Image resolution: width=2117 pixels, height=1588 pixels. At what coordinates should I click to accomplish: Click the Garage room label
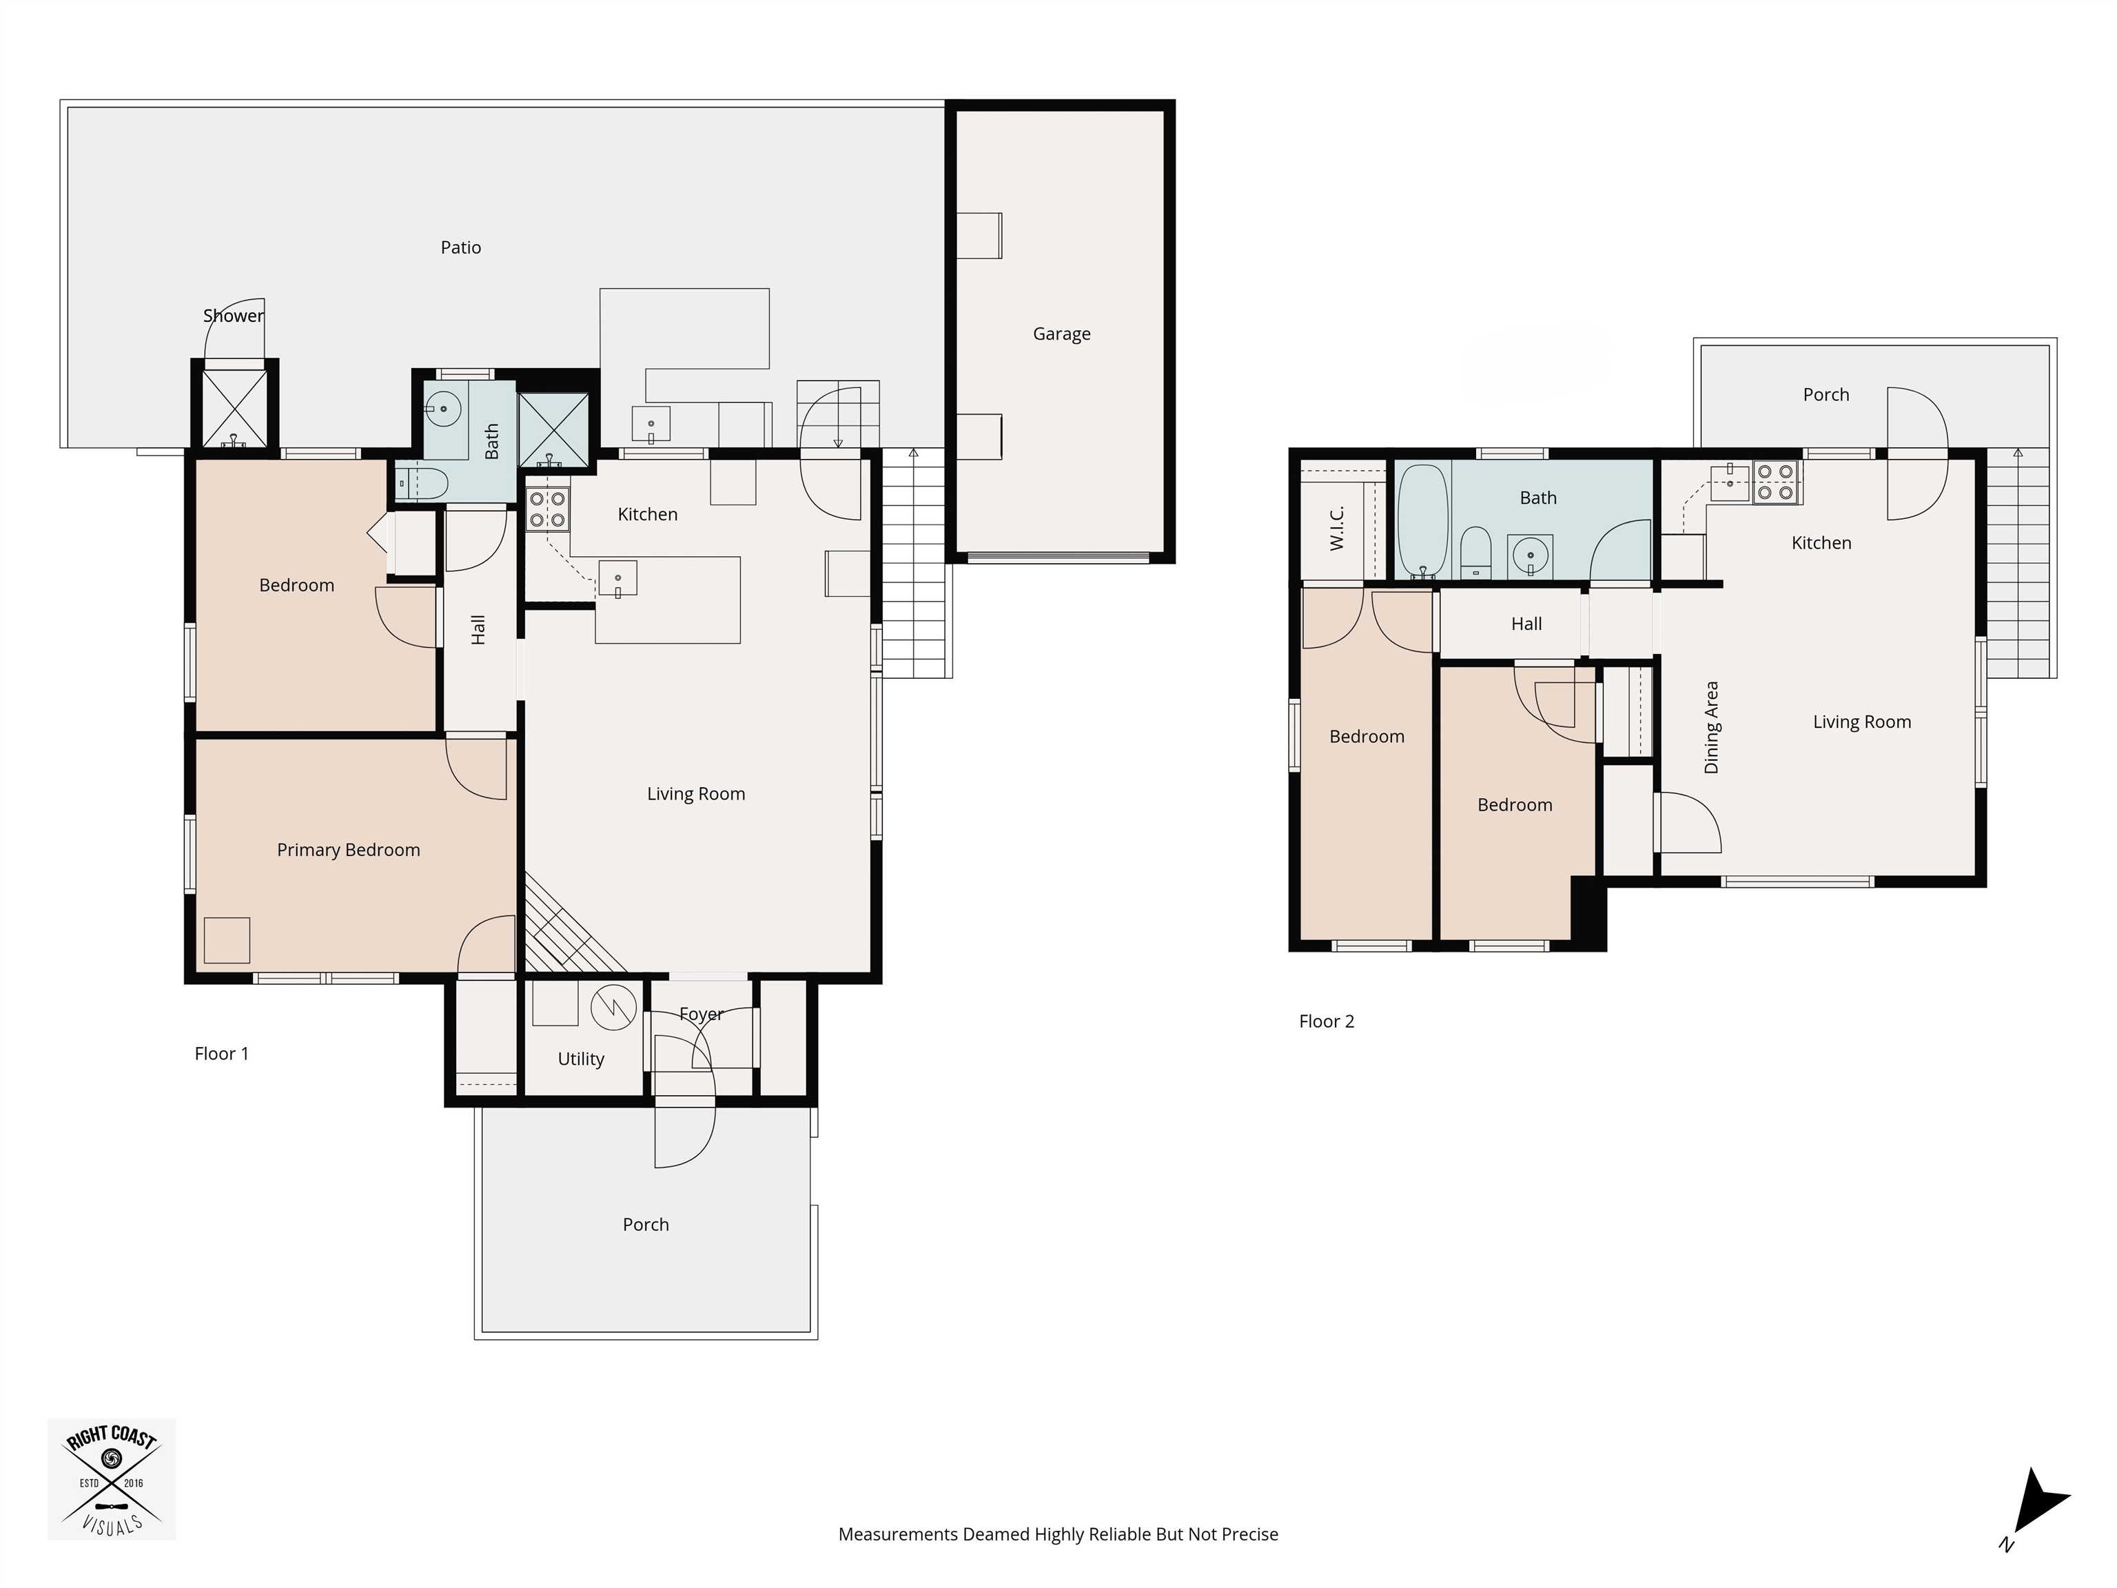click(x=1061, y=334)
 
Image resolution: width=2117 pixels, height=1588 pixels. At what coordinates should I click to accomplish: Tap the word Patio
click(x=460, y=247)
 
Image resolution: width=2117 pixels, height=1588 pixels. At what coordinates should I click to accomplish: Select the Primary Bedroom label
click(x=349, y=850)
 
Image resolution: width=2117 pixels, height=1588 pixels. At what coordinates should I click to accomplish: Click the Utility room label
click(x=581, y=1059)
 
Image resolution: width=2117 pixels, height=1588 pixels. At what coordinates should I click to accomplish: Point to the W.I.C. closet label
click(x=1337, y=529)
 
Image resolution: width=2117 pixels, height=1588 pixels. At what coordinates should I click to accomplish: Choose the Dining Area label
click(x=1712, y=727)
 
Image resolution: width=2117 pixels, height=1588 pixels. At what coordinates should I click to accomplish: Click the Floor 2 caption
click(x=1327, y=1021)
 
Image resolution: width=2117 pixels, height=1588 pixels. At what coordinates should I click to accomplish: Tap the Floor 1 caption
click(x=221, y=1054)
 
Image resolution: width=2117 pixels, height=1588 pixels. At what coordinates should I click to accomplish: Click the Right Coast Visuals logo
click(x=112, y=1480)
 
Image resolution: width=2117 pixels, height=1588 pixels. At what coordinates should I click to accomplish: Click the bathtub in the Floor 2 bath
click(x=1422, y=521)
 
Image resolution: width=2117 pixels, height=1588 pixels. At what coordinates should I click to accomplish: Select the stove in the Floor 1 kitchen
click(x=547, y=509)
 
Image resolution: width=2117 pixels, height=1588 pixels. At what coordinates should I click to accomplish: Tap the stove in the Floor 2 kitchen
click(x=1777, y=482)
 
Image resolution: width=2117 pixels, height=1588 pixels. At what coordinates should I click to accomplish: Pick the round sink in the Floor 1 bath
click(x=443, y=409)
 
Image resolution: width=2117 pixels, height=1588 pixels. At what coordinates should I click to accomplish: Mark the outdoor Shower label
click(x=234, y=316)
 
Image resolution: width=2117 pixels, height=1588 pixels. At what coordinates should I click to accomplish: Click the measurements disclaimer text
click(x=1058, y=1534)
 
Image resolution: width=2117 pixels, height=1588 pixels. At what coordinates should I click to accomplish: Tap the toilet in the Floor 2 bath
click(x=1476, y=553)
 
